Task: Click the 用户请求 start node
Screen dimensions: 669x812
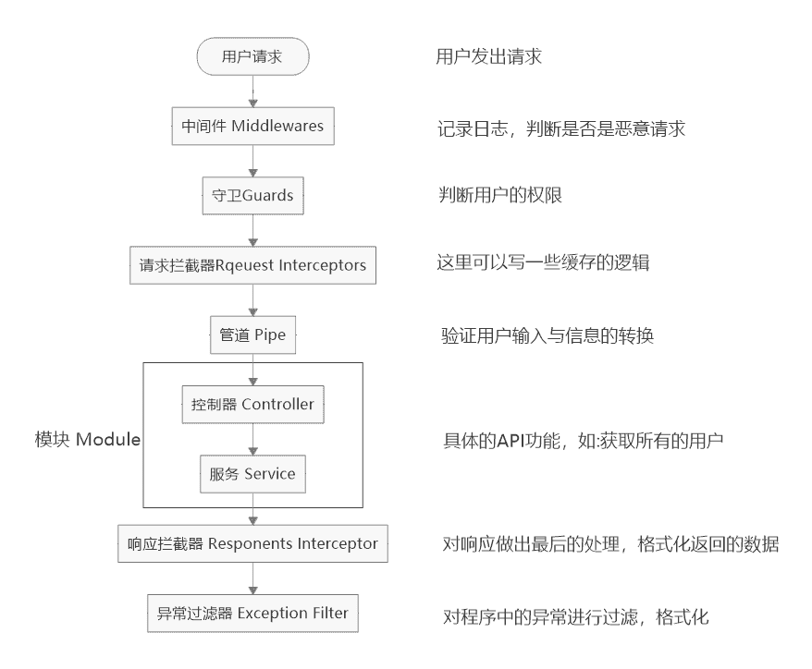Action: coord(252,57)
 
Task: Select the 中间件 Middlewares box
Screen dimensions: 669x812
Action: coord(252,126)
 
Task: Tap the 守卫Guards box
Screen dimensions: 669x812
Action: coord(252,196)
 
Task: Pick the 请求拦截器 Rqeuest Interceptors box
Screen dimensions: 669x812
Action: coord(252,265)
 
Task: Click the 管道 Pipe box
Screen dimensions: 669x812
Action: coord(252,334)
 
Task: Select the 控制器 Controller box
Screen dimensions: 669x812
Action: coord(253,405)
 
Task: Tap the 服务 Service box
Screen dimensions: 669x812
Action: coord(253,474)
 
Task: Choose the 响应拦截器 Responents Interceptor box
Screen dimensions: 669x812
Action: coord(252,543)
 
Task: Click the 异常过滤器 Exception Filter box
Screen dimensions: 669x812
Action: coord(252,613)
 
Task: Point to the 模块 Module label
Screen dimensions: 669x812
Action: coord(87,439)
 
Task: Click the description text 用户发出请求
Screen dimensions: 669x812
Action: coord(488,57)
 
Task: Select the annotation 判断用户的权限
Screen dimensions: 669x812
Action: coord(500,196)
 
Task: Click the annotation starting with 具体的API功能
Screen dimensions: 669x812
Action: coord(584,441)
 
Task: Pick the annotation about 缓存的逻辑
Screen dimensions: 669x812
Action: coord(543,264)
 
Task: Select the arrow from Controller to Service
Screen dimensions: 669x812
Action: coord(253,440)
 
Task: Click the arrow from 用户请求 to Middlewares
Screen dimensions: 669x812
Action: coord(252,91)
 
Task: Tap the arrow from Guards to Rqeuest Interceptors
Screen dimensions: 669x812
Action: coord(252,230)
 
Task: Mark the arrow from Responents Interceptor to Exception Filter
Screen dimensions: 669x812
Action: coord(252,578)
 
